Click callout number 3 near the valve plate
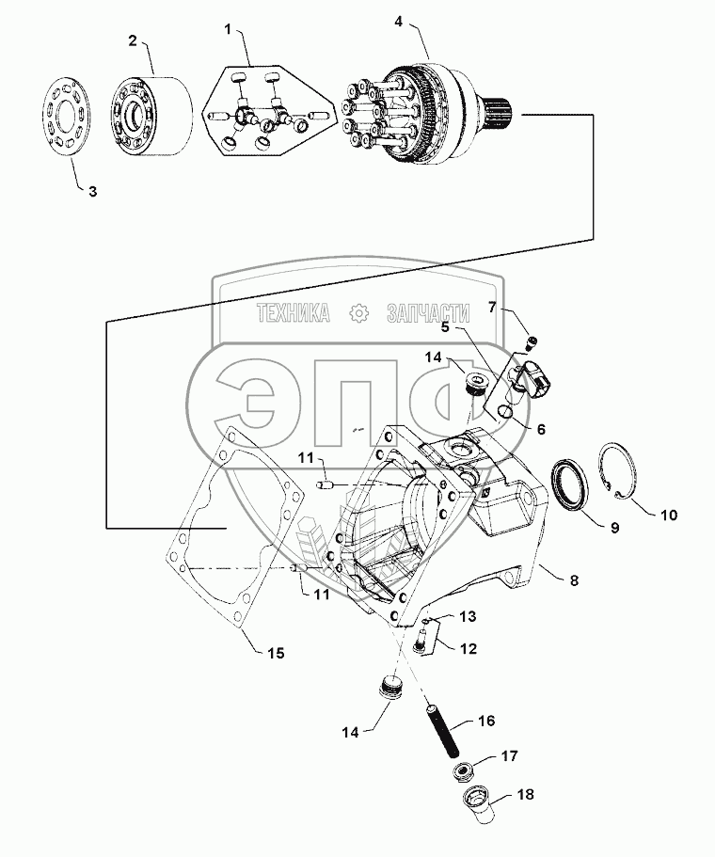click(92, 191)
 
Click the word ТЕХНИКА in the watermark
click(293, 314)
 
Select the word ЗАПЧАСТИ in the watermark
click(425, 314)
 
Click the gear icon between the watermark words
click(358, 314)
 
